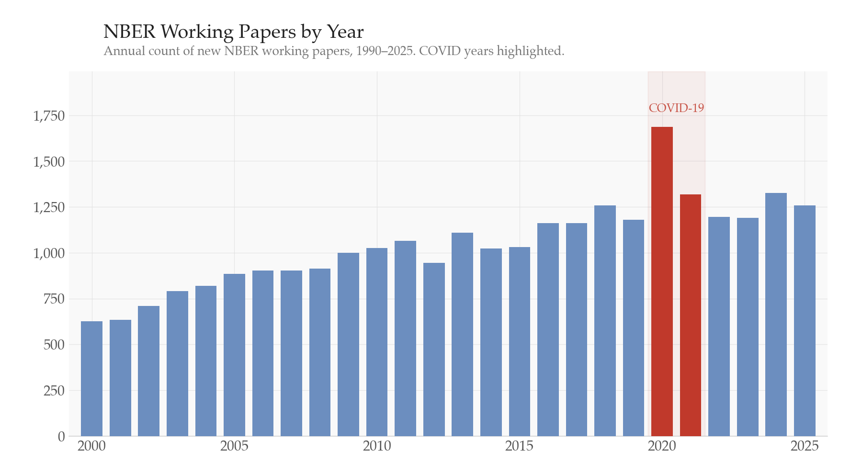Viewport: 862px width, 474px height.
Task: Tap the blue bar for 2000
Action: pyautogui.click(x=91, y=378)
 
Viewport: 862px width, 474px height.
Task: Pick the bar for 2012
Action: pyautogui.click(x=434, y=350)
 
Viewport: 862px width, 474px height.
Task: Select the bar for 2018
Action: pyautogui.click(x=605, y=321)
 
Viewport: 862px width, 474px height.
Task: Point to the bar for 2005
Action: pyautogui.click(x=234, y=355)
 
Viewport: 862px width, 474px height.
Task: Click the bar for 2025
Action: pyautogui.click(x=805, y=321)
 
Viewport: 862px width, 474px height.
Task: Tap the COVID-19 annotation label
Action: pyautogui.click(x=676, y=108)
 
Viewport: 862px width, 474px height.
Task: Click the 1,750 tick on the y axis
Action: pyautogui.click(x=48, y=116)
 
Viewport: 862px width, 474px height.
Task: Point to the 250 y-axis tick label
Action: pyautogui.click(x=54, y=391)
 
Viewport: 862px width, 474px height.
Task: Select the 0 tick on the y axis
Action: pyautogui.click(x=61, y=437)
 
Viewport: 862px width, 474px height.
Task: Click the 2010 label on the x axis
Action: pyautogui.click(x=376, y=446)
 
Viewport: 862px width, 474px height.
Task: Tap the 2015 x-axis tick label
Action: pyautogui.click(x=519, y=446)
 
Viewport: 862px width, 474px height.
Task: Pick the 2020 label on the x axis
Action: pyautogui.click(x=662, y=446)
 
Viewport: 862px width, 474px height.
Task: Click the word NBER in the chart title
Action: pyautogui.click(x=129, y=32)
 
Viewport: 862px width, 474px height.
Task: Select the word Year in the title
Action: pyautogui.click(x=345, y=32)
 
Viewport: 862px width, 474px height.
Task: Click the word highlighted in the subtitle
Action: pyautogui.click(x=530, y=51)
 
